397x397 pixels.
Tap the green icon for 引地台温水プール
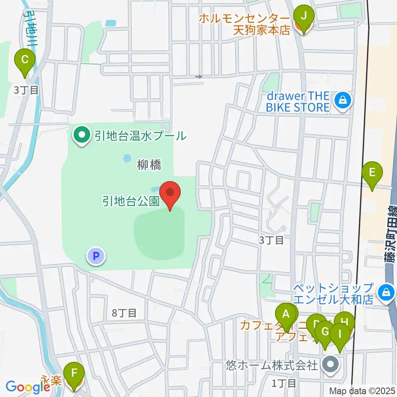coord(82,136)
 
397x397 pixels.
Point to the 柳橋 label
coord(149,166)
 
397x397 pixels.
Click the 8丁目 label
coord(124,313)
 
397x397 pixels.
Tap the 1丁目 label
coord(284,383)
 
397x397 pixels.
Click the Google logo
coord(28,387)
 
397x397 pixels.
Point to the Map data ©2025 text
coord(363,390)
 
